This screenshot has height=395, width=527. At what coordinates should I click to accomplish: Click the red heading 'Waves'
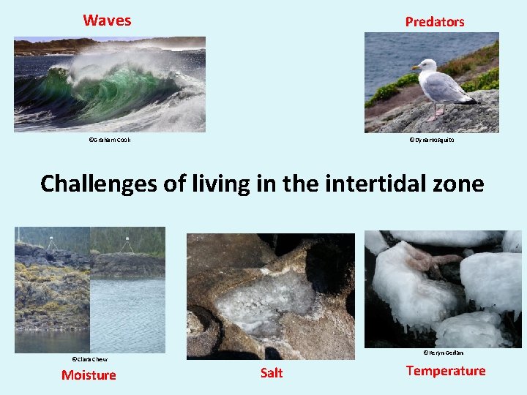[x=107, y=20]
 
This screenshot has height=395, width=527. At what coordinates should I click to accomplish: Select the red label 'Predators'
[x=435, y=22]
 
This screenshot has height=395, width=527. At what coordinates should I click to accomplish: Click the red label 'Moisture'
[x=89, y=375]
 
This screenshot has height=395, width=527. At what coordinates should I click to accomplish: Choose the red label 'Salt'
[x=271, y=373]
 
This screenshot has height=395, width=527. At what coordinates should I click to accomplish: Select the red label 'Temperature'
[x=445, y=371]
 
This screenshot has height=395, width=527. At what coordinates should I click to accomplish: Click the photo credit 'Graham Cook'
[x=110, y=139]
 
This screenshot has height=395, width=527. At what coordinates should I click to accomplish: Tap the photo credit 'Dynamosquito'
[x=431, y=139]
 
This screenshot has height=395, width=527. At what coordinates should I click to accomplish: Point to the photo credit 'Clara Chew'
[x=89, y=359]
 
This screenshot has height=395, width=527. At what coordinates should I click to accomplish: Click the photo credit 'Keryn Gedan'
[x=443, y=353]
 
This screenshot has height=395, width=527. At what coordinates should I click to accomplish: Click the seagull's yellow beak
[x=414, y=67]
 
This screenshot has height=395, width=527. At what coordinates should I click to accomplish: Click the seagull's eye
[x=422, y=64]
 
